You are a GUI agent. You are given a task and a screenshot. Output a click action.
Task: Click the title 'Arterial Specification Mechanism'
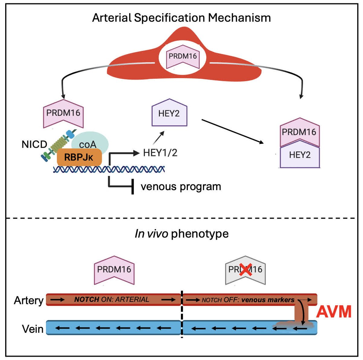181,18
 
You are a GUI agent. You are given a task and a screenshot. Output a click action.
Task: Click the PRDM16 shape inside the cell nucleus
182,57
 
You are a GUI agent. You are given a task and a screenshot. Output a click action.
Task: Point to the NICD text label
34,144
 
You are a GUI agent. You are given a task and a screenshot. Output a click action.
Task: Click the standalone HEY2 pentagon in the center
169,113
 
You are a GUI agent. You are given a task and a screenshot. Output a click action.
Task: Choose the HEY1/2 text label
160,153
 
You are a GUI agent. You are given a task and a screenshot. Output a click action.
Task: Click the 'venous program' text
181,187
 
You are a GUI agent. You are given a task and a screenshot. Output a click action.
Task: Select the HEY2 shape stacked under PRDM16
299,155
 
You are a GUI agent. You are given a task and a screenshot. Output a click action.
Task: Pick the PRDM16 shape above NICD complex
63,113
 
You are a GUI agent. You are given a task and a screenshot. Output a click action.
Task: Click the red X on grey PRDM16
245,269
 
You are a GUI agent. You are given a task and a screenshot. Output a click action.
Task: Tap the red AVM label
334,312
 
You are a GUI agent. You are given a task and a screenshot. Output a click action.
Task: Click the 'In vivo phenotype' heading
181,234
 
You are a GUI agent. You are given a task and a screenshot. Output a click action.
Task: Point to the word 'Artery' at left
29,300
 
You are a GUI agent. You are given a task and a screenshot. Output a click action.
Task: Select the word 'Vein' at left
32,329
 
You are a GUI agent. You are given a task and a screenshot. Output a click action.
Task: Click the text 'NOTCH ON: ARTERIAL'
112,300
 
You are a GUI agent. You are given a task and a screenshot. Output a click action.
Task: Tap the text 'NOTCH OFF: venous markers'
248,300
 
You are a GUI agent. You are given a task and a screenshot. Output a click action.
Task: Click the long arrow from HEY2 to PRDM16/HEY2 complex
232,132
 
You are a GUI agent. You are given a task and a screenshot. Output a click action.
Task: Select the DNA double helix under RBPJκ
109,169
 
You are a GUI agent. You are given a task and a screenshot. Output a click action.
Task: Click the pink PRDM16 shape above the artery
114,269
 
